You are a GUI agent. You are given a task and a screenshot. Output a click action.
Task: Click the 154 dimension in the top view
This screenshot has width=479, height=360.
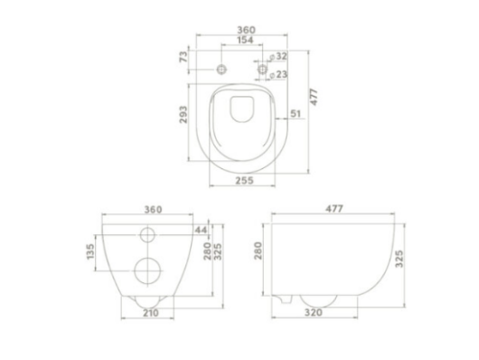245,40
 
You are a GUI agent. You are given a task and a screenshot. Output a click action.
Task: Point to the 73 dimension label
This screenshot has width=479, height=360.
183,57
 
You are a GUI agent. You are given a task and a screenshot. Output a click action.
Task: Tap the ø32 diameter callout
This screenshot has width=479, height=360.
278,56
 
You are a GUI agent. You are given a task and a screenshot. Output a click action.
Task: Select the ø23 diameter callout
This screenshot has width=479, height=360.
278,74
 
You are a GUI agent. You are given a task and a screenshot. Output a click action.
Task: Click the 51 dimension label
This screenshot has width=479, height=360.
296,113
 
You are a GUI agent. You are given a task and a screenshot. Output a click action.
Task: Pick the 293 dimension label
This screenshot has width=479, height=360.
183,115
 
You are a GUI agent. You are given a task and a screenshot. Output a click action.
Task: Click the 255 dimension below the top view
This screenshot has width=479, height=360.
244,181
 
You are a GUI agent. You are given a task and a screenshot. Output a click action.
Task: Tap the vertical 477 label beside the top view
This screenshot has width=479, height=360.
314,98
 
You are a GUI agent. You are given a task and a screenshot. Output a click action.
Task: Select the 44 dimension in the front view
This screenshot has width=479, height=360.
201,230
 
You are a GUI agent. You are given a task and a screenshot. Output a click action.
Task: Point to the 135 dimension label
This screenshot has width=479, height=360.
90,251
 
